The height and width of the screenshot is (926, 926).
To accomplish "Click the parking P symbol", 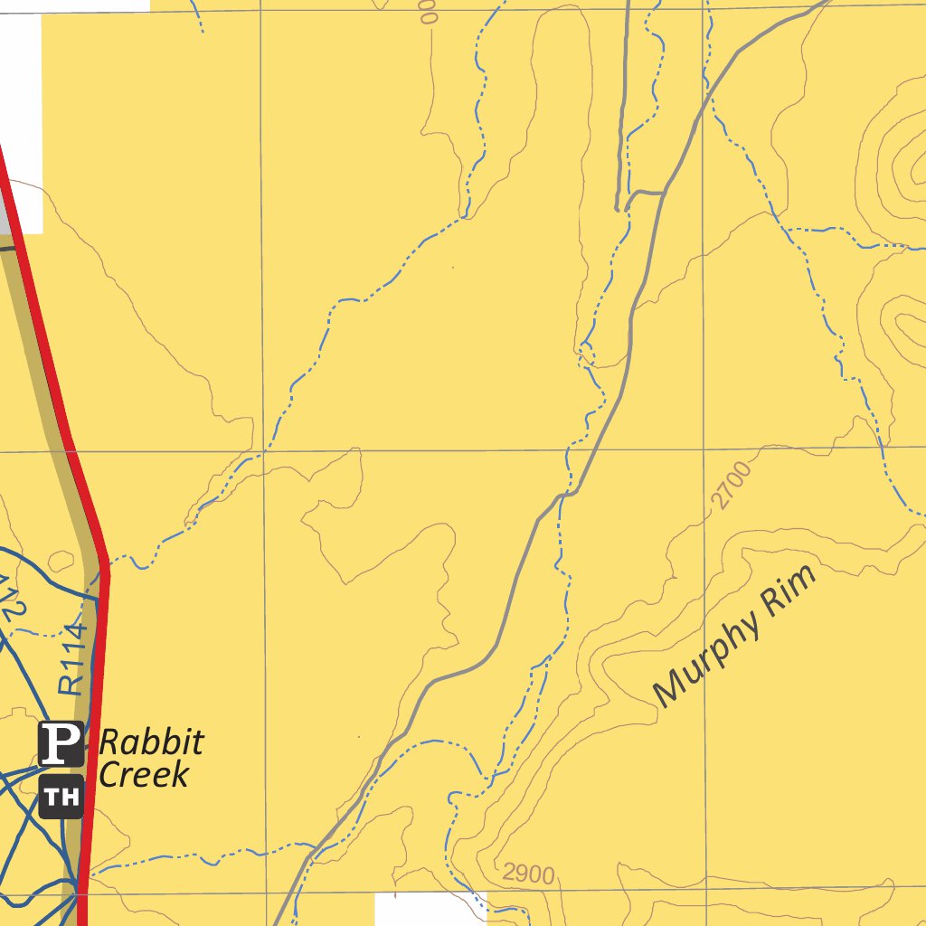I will coord(61,743).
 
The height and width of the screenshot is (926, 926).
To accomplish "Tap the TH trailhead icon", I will coord(61,797).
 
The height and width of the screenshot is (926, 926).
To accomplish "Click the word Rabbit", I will coord(151,743).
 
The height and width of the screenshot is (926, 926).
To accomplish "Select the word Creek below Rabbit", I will coord(144,774).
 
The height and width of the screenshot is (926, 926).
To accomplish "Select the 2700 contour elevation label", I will coord(732,485).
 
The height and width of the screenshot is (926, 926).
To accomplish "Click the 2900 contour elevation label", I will coord(528,874).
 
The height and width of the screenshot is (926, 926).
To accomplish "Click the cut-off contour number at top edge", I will coord(428,11).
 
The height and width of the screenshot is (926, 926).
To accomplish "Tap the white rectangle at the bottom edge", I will coord(430,909).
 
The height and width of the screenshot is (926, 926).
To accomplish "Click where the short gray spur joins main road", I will coord(665,193).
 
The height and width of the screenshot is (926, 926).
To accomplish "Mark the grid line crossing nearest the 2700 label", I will coord(704,447).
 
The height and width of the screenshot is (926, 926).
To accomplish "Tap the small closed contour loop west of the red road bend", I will coord(61,560).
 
